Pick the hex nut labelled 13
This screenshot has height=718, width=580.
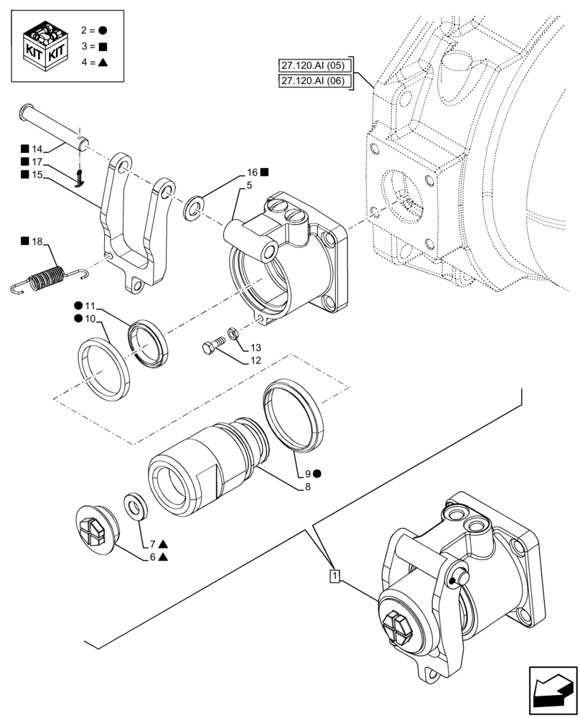(x=233, y=332)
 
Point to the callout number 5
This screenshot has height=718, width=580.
(x=248, y=185)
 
